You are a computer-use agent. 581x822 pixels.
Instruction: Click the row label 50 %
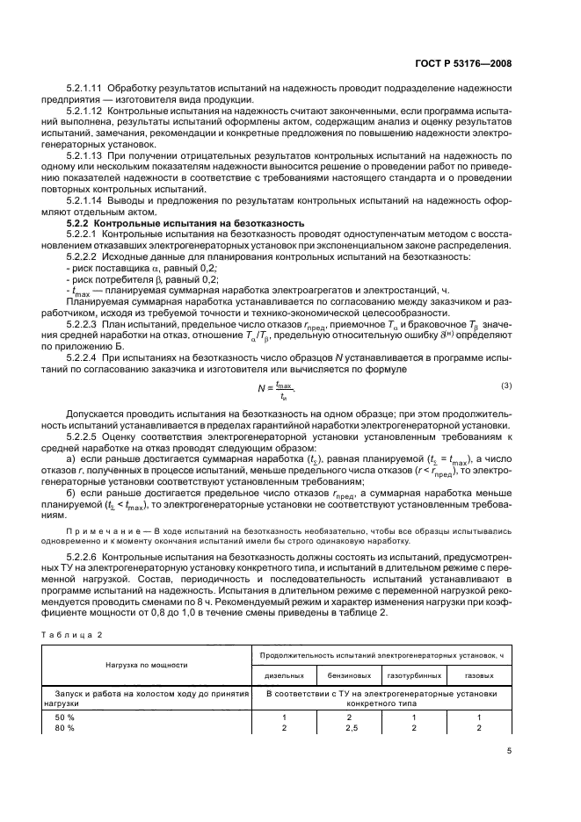66,717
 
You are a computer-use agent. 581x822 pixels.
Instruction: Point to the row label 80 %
66,727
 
